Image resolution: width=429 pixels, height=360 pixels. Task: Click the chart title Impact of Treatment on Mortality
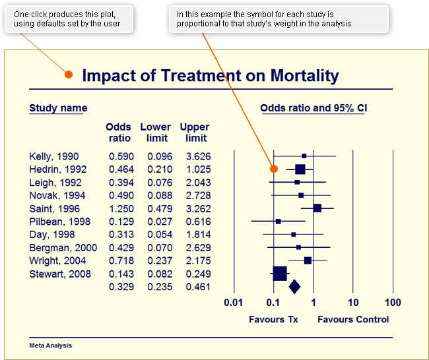click(210, 75)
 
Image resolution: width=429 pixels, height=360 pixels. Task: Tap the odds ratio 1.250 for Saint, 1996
click(119, 208)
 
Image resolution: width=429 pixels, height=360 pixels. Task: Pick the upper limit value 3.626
click(195, 156)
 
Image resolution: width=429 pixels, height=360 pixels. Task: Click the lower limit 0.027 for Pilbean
click(157, 222)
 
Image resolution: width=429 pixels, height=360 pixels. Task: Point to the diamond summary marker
click(294, 286)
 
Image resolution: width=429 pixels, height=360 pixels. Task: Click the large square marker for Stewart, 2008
click(280, 273)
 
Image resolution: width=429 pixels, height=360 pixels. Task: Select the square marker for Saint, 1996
click(317, 208)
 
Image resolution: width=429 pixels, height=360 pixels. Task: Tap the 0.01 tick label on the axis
click(234, 303)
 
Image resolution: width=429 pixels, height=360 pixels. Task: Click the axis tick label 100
click(393, 303)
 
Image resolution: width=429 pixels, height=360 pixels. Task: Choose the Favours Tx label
click(273, 320)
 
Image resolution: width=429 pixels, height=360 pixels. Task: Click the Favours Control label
click(353, 320)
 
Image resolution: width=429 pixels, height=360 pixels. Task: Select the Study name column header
click(58, 108)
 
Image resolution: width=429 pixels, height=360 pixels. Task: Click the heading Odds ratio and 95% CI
click(313, 108)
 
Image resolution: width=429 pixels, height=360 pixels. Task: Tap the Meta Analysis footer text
click(51, 345)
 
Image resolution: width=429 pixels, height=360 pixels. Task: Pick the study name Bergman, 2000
click(63, 247)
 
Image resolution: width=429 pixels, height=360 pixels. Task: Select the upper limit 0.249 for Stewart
click(195, 274)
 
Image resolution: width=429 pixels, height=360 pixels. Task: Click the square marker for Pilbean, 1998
click(278, 222)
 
